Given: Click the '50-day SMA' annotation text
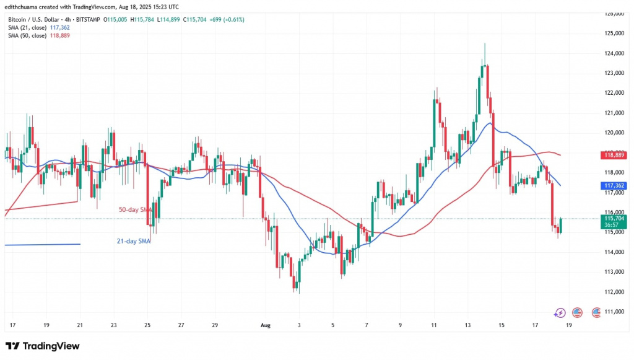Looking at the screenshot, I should [x=134, y=210].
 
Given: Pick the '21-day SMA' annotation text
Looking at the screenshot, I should [x=134, y=241].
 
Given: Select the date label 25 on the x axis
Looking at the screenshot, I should [x=147, y=324].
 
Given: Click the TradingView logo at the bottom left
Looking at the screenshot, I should [x=42, y=346].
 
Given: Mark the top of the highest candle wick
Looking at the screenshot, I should [x=485, y=43].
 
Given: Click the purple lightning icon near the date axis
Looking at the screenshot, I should [x=560, y=313].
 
